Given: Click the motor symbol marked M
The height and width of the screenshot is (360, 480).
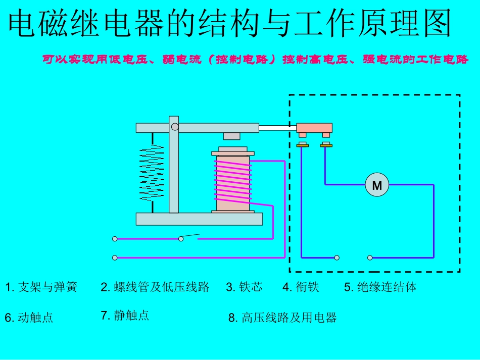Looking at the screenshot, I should click(377, 185).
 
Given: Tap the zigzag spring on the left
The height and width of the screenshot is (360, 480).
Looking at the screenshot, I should click(152, 172).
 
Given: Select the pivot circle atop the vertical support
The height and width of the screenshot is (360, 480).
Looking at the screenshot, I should click(174, 127).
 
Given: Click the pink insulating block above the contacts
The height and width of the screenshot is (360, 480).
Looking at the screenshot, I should click(314, 128).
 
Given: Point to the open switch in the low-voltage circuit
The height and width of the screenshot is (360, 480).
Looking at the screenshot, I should click(189, 237).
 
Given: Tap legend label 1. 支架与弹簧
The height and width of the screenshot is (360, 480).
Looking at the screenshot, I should click(41, 288).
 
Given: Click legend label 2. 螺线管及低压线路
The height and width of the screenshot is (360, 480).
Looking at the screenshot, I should click(155, 288).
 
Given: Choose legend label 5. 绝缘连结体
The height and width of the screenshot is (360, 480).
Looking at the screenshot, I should click(380, 288).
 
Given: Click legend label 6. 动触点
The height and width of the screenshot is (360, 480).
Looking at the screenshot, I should click(29, 318).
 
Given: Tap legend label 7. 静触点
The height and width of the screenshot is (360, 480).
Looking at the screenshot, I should click(125, 316).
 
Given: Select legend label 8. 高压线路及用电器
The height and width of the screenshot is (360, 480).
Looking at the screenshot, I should click(282, 318).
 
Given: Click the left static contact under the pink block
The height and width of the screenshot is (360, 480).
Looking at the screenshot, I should click(302, 145).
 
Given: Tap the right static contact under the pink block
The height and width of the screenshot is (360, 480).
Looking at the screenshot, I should click(326, 145).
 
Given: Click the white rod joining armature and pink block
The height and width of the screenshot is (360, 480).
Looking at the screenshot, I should click(277, 128).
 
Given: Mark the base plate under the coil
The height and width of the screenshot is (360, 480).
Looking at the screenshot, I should click(199, 219).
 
